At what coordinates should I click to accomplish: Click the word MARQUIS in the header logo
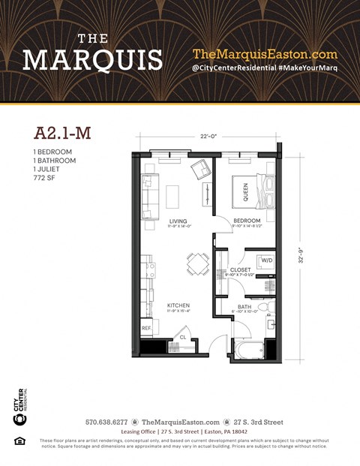coord(92,59)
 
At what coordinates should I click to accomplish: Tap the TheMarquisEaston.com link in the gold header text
coord(265,54)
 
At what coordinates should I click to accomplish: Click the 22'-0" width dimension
coord(208,136)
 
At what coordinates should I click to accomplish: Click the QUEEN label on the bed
coord(245,192)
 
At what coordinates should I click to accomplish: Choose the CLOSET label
coord(240,269)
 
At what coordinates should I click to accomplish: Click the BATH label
coord(244,306)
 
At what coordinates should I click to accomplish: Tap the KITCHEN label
coord(178,305)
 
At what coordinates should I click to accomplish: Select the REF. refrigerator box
coord(146,329)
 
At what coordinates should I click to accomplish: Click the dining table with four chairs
coord(197,263)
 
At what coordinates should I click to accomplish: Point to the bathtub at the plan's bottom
coord(247,349)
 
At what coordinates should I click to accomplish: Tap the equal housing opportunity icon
coord(20,440)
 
